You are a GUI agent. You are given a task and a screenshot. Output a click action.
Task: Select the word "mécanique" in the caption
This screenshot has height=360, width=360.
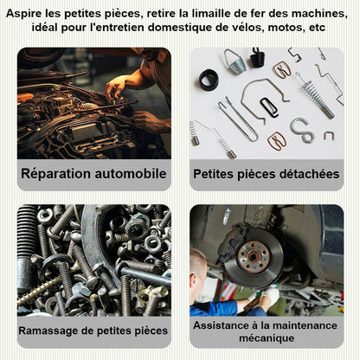click(x=267, y=338)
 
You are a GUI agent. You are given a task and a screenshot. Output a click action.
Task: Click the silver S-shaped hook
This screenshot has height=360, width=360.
click(x=302, y=130)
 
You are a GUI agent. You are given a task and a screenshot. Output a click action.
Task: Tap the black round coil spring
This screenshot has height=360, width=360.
click(x=209, y=80)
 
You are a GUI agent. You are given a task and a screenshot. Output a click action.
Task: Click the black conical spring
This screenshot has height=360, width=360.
click(x=257, y=58)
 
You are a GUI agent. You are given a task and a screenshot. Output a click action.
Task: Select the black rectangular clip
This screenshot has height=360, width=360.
click(x=269, y=107)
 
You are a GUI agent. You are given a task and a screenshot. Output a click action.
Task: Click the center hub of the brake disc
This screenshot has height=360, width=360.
click(x=254, y=256)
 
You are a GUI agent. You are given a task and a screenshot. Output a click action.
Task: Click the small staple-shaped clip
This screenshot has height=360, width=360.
click(x=329, y=135)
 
